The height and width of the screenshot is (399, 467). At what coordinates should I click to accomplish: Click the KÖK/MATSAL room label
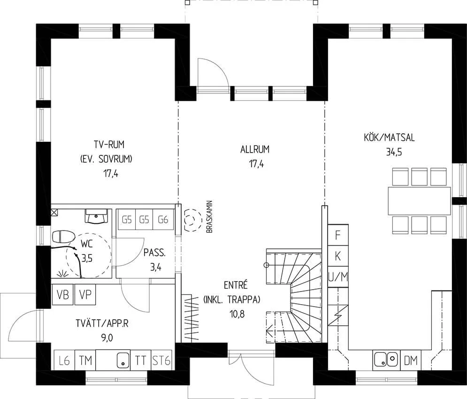point(389,138)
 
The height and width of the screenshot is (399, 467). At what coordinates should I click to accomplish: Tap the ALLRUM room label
point(255,149)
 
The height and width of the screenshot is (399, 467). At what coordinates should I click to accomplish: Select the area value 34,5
point(394,152)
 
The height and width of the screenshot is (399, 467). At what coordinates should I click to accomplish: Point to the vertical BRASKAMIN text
point(209,217)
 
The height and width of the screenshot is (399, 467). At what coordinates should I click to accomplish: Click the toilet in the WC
point(63,237)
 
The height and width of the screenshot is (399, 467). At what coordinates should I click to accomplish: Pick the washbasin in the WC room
point(97,216)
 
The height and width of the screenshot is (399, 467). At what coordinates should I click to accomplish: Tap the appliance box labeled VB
point(62,295)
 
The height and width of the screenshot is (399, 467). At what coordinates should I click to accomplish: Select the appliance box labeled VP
point(85,295)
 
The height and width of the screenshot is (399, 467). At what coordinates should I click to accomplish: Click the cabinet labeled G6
point(163,219)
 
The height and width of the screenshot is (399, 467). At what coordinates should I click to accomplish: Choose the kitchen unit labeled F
point(338,235)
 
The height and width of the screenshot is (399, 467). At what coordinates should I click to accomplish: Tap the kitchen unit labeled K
point(338,256)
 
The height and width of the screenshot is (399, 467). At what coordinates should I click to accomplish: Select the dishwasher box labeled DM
point(411,360)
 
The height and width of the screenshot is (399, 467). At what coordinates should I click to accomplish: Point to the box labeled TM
point(85,360)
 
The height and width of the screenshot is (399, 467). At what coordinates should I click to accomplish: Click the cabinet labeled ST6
point(161,360)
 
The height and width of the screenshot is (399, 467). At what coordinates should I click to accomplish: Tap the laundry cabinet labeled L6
point(64,360)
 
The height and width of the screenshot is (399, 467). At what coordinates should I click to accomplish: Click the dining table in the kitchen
point(419,200)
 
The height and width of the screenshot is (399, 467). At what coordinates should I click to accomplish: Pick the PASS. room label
point(154,253)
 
